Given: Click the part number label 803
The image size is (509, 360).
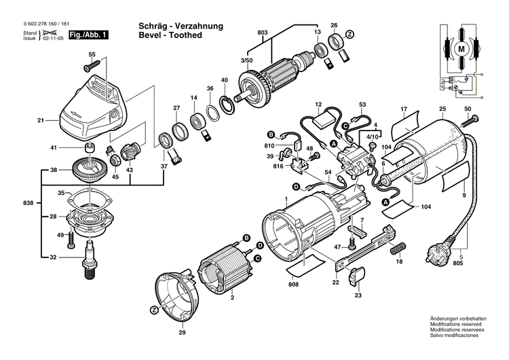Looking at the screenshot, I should point(263,33).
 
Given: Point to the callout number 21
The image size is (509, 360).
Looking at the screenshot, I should point(40,121).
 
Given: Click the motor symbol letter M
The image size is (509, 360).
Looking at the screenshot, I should point(459,49).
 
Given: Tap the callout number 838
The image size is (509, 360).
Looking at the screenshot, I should point(27,203).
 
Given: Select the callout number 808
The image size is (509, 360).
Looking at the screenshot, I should point(293,285).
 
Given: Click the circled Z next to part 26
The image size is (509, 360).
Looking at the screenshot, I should point(350,33).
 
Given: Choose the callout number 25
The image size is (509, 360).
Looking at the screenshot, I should point(442,109).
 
